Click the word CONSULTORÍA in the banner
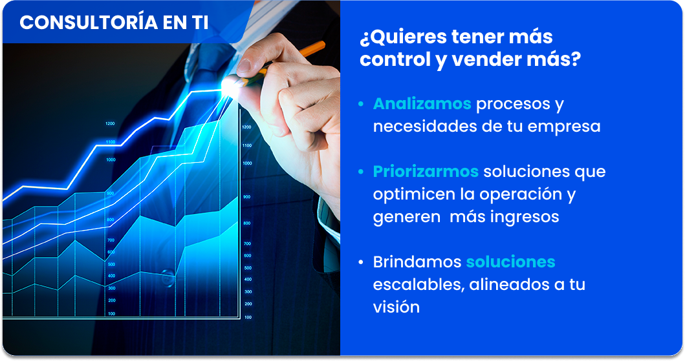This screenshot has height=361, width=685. tap(89, 22)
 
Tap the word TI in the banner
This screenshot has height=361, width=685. tap(200, 23)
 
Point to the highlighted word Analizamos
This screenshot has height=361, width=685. tap(422, 104)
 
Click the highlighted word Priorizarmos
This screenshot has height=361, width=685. tap(426, 171)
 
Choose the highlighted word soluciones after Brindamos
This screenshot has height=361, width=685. tap(511, 262)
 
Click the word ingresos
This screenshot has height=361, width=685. tap(525, 217)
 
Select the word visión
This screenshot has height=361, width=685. tap(397, 307)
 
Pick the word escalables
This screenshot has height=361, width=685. tap(418, 285)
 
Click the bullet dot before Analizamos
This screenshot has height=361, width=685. tap(361, 104)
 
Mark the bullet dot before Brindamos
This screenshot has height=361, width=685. tap(361, 262)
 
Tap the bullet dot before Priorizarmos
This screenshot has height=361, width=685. tap(361, 172)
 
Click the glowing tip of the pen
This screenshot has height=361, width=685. tap(230, 86)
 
